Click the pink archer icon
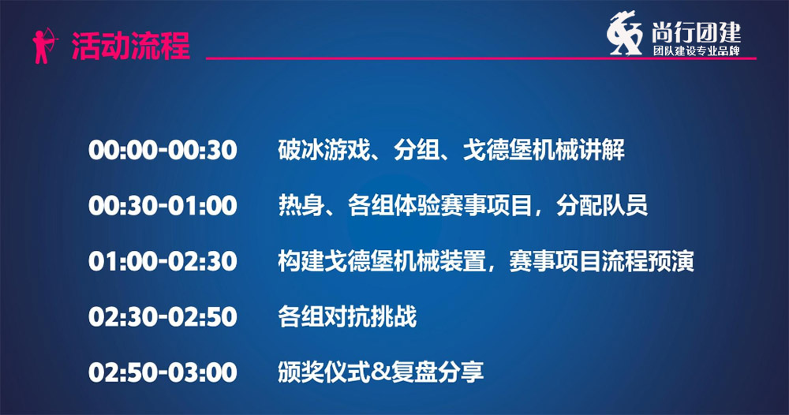pos(44,46)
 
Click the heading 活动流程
pos(131,46)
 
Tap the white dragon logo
pos(624,33)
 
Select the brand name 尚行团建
pos(697,32)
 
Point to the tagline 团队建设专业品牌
pos(697,50)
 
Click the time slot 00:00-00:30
pos(163,151)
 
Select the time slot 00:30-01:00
pos(163,206)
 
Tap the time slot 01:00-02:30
pos(163,261)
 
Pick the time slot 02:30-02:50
pos(163,316)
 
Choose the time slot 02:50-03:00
pos(163,372)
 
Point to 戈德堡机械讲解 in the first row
pos(544,150)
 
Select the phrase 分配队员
pos(602,205)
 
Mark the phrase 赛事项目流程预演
pos(601,261)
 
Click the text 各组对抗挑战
pos(347,316)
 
